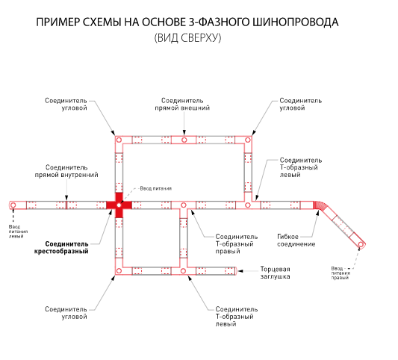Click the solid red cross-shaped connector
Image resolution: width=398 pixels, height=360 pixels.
tap(119, 205)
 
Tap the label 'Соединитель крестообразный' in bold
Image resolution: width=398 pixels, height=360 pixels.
tap(61, 247)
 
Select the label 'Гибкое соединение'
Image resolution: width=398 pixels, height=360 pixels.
tap(296, 240)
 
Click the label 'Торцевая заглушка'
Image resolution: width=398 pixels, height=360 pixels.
tap(275, 273)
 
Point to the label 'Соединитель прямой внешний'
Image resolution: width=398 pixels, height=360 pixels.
tap(182, 105)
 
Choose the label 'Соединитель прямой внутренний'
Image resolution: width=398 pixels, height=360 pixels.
tap(66, 171)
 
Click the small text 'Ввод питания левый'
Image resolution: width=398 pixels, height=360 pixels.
tap(18, 232)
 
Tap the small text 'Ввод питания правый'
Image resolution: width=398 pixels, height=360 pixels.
tap(341, 273)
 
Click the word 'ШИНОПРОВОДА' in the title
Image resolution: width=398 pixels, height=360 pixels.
tap(296, 22)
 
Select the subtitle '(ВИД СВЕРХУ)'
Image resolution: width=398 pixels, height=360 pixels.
tap(188, 38)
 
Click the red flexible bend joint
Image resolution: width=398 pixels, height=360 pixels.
tap(319, 206)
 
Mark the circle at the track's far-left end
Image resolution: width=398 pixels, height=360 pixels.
tap(13, 205)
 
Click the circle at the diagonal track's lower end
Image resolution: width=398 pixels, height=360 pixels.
tap(361, 244)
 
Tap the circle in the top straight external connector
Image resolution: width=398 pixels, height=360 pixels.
tap(184, 140)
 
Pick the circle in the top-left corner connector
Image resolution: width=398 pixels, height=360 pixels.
tap(119, 140)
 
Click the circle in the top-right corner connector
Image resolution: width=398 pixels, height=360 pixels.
tap(248, 140)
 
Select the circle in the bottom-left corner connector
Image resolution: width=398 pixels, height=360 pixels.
tap(119, 271)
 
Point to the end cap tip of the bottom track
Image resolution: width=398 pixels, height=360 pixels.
tap(236, 271)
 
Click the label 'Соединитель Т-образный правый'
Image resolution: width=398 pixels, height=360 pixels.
tap(236, 244)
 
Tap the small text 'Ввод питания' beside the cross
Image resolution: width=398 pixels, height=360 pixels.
tap(156, 189)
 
